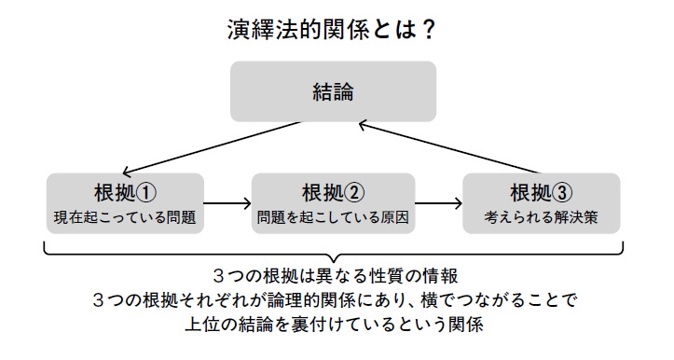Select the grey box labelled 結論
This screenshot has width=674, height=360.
(x=334, y=91)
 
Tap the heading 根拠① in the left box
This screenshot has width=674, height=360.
(x=124, y=192)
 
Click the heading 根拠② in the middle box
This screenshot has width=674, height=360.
(x=333, y=192)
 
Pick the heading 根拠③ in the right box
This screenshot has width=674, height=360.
(x=542, y=192)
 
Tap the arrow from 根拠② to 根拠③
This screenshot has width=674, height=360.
(x=437, y=202)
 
